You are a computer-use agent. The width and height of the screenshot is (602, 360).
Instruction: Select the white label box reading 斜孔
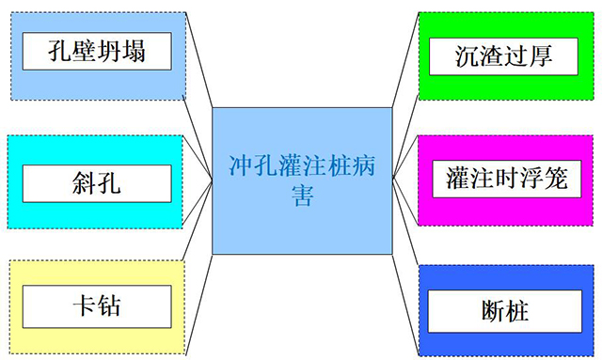(97, 182)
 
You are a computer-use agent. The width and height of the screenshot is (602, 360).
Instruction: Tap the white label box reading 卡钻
(97, 306)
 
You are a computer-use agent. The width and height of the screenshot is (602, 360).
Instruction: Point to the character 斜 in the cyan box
(84, 182)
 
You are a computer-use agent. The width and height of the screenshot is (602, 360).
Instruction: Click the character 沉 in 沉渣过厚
(464, 55)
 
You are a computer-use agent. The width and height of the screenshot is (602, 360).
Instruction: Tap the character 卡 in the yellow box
(84, 306)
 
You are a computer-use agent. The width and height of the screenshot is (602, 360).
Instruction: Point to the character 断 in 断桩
(489, 310)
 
